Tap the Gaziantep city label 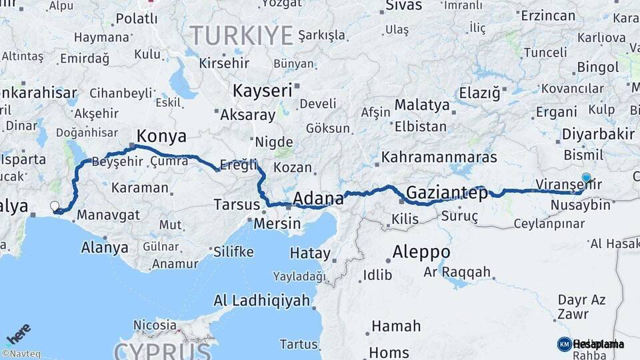447,193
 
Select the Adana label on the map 319,198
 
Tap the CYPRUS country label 163,351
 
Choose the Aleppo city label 421,253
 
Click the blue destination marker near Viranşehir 586,177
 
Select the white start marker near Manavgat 55,206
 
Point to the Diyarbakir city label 598,134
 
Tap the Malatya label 422,105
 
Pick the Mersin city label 277,223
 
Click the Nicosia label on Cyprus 155,325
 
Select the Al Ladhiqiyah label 261,301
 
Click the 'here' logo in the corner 18,333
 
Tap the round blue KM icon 564,344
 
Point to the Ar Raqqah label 457,272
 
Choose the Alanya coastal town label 104,248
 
